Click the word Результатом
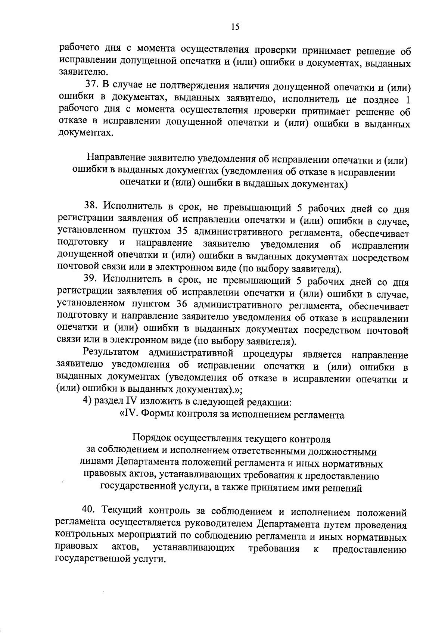[111, 352]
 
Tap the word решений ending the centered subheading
[343, 488]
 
